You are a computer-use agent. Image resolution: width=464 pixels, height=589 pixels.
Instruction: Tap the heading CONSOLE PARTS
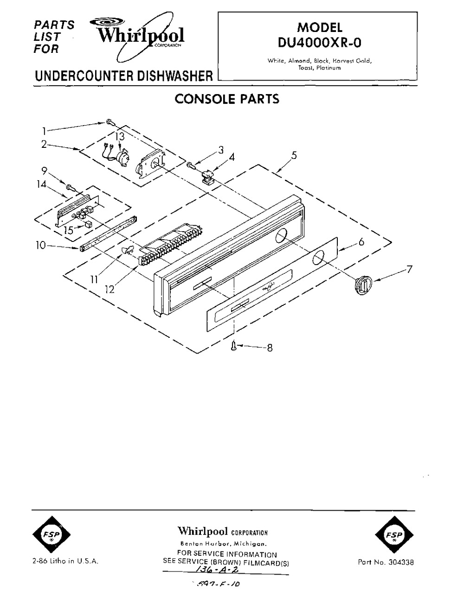pyautogui.click(x=226, y=99)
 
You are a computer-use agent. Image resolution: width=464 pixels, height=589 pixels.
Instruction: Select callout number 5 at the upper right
pyautogui.click(x=295, y=155)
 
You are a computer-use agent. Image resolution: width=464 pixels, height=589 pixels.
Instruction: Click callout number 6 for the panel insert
pyautogui.click(x=361, y=242)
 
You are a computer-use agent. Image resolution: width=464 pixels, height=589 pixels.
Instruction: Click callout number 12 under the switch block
pyautogui.click(x=110, y=289)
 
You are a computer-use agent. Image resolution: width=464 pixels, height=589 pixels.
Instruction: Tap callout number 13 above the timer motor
pyautogui.click(x=120, y=136)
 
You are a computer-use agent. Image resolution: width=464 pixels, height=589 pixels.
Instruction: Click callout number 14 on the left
pyautogui.click(x=42, y=184)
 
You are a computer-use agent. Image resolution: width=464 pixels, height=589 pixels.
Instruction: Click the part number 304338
pyautogui.click(x=386, y=562)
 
